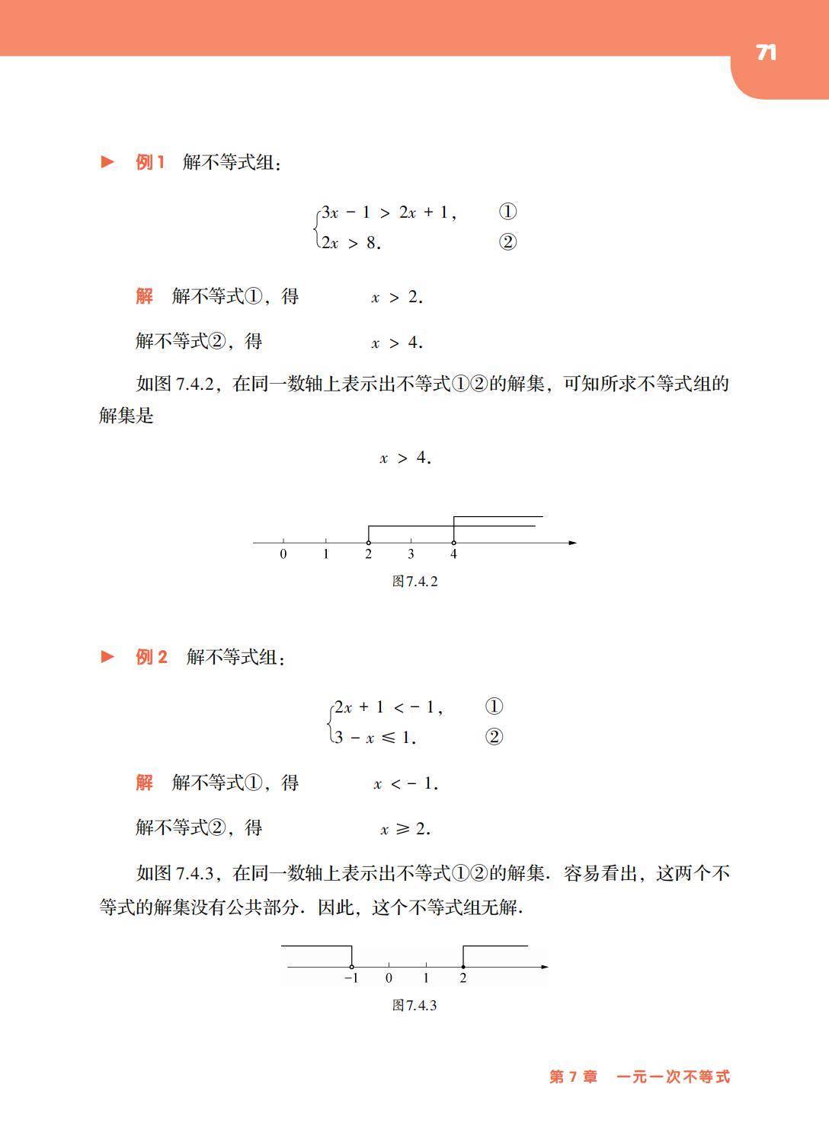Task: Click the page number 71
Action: click(766, 53)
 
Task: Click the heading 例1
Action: click(150, 162)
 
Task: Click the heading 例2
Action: click(152, 657)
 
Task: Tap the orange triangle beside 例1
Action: click(107, 162)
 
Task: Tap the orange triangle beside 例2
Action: click(107, 656)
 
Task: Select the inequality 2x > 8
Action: click(350, 243)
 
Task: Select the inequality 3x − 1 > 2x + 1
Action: click(389, 212)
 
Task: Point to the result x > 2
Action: click(397, 298)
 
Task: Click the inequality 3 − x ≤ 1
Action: click(374, 737)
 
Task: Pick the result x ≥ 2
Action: click(405, 829)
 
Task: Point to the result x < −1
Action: click(405, 784)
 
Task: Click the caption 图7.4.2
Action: click(414, 582)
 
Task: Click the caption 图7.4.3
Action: click(414, 1006)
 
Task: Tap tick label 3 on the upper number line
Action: click(411, 554)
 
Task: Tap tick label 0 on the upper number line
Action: click(283, 554)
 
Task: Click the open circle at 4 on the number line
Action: click(453, 543)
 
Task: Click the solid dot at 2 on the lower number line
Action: click(463, 967)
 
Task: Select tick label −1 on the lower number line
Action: click(350, 978)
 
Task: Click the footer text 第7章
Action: click(573, 1076)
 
